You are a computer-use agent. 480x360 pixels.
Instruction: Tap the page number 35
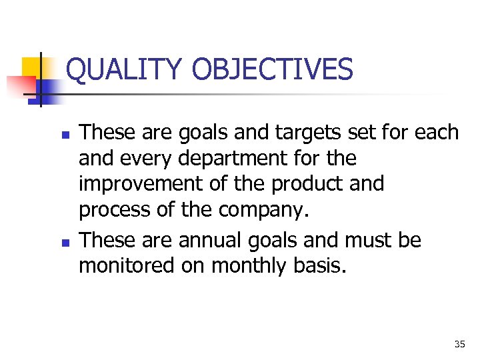coord(459,345)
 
